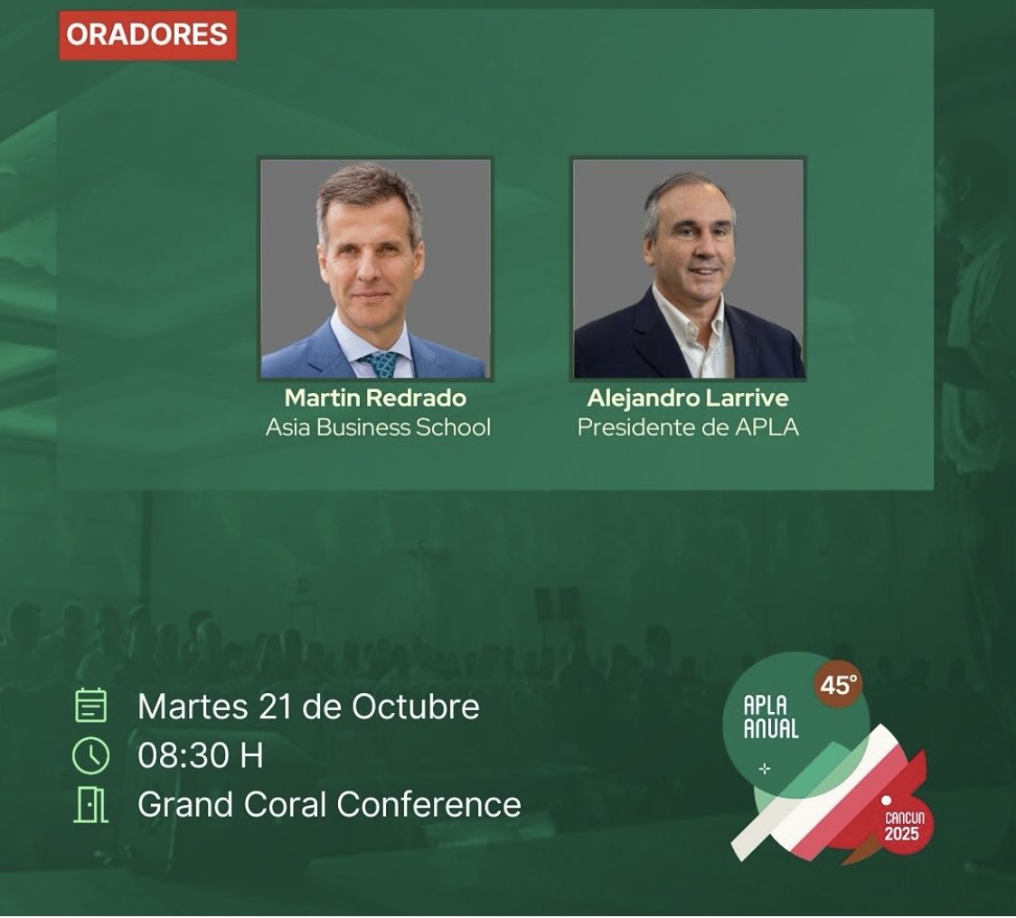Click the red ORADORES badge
tap(147, 35)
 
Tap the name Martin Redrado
tap(377, 398)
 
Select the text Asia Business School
tap(378, 426)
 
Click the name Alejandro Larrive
tap(688, 398)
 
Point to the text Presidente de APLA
tap(688, 426)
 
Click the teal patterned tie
tap(381, 364)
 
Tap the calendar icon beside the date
tap(90, 706)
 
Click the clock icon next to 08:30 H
tap(90, 755)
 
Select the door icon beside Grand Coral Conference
tap(90, 804)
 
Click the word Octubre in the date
tap(415, 706)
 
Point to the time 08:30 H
tap(200, 755)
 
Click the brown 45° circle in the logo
tap(837, 686)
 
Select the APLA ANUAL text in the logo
tap(771, 717)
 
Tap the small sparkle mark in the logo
tap(765, 768)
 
